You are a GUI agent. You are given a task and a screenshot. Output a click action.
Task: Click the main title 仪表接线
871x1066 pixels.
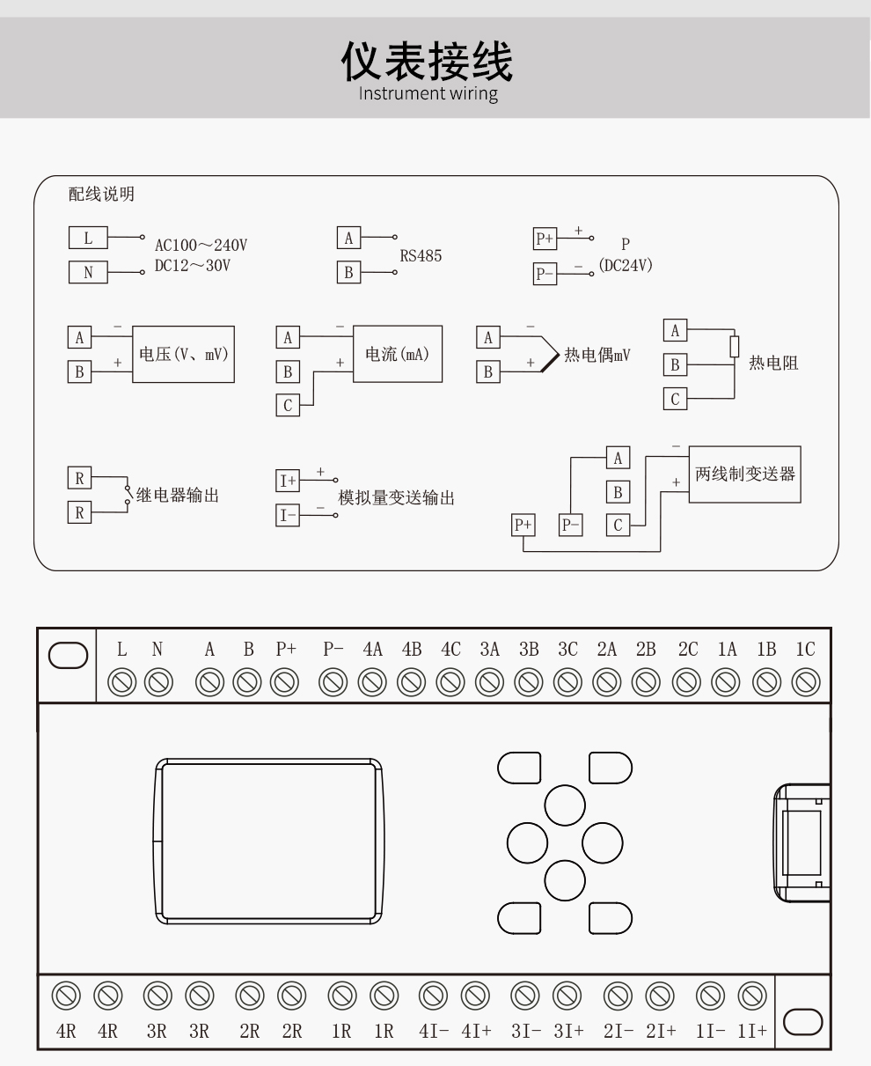428,62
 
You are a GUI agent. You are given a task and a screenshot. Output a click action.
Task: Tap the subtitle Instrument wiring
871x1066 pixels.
428,93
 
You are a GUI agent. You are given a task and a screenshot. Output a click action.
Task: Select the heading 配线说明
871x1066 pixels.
101,195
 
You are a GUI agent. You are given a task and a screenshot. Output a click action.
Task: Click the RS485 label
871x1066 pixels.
421,256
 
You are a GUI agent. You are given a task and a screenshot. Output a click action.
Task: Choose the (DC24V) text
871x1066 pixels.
626,265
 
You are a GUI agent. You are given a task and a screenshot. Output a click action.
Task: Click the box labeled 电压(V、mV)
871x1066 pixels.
183,354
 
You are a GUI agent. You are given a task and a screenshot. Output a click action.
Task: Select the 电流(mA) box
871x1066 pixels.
398,354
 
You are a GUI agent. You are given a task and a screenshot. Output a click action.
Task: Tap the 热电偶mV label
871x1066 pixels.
597,356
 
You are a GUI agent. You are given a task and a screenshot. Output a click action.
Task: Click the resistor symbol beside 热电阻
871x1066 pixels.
734,346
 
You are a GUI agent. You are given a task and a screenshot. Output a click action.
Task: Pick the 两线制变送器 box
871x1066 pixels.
744,474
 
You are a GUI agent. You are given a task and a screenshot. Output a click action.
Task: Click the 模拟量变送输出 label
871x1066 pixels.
397,498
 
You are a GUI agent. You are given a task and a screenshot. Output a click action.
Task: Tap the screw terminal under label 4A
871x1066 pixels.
372,682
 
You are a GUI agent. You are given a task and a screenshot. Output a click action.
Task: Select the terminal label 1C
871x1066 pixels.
805,650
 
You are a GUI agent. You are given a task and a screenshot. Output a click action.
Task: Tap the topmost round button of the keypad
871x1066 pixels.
565,805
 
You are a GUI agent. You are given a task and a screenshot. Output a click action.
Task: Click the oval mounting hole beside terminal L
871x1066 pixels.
68,656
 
